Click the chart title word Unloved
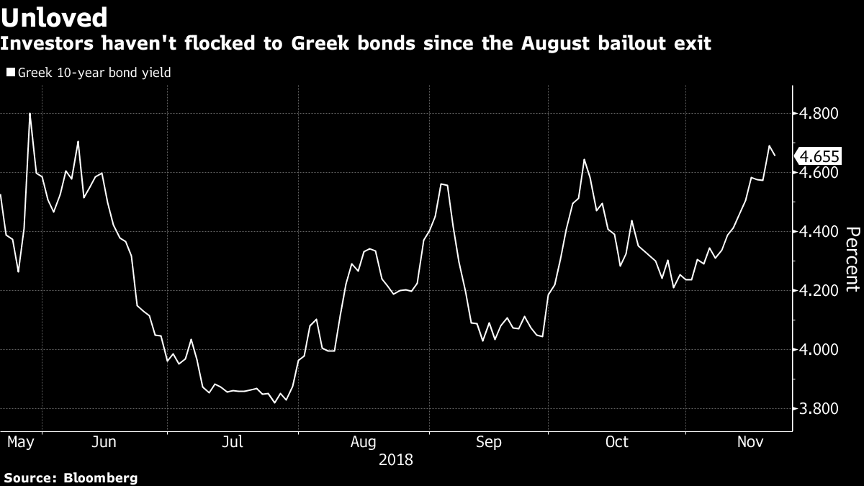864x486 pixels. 55,17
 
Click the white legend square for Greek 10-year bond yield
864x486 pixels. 10,73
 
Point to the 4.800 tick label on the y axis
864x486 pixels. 820,114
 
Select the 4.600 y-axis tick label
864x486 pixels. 820,173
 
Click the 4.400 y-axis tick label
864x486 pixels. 820,232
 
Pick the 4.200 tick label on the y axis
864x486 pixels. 820,291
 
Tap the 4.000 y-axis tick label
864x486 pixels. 820,350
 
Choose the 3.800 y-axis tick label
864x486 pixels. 820,409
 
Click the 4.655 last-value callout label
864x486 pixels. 819,156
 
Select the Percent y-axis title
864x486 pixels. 852,259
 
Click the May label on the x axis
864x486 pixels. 20,441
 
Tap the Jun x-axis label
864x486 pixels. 104,441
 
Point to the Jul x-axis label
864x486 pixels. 232,441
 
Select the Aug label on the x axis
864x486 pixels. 362,441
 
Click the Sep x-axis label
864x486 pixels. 489,441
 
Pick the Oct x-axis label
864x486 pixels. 617,441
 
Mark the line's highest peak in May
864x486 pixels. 30,113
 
